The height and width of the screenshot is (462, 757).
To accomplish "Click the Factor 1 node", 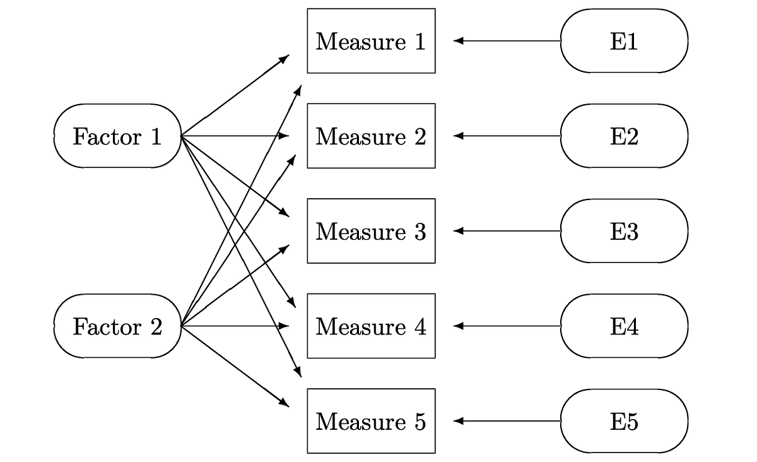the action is pos(117,136).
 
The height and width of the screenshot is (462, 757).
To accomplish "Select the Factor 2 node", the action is pos(117,326).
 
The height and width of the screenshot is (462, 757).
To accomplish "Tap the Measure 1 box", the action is pos(371,41).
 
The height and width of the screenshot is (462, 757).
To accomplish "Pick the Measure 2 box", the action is pos(371,136).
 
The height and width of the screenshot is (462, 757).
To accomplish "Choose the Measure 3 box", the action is pos(371,231).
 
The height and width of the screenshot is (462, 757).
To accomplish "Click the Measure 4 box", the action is pos(371,326).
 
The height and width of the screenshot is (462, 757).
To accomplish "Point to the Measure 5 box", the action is pos(371,421).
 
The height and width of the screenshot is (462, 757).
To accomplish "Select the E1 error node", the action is pos(624,41).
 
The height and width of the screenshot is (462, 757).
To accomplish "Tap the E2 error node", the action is pos(624,136).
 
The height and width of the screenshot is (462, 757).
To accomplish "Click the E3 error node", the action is pos(624,231).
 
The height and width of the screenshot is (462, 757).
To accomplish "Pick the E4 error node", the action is pos(624,326).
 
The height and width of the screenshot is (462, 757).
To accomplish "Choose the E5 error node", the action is pos(624,421).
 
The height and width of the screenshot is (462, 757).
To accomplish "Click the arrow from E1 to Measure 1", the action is pos(507,41).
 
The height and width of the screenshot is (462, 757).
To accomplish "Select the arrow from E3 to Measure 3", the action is pos(507,231).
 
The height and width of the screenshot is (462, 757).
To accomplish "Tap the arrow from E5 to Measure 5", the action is pos(507,421).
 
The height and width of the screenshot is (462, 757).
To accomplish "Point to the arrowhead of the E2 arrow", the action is pos(458,136).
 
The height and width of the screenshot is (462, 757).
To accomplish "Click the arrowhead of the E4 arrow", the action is pos(458,326).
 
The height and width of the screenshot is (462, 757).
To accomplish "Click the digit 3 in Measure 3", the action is pos(420,232).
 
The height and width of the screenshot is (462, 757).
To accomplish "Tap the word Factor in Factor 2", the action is pos(107,327).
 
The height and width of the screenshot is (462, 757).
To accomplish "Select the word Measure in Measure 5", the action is pos(361,422).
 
